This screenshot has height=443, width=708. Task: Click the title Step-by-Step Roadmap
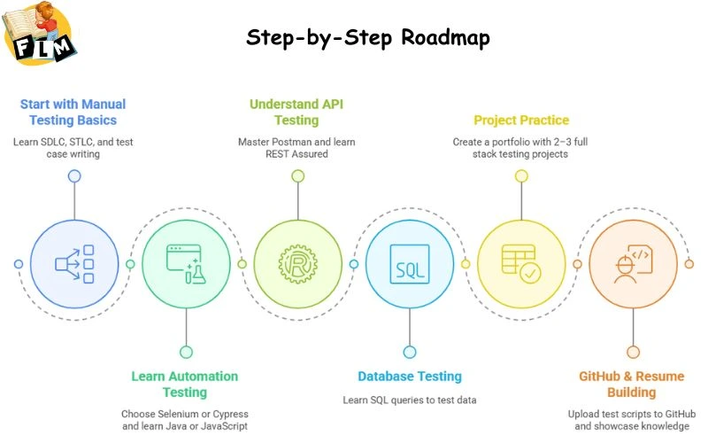(x=367, y=38)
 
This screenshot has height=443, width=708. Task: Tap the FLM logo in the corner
(x=41, y=34)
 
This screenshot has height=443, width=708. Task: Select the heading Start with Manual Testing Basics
(x=73, y=113)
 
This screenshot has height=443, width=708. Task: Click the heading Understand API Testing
(x=296, y=113)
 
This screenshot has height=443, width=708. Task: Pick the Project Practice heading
(x=521, y=120)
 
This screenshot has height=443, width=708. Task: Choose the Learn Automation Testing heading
(x=185, y=384)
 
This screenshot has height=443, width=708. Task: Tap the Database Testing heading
(x=410, y=377)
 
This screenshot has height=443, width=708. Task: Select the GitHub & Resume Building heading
(x=632, y=384)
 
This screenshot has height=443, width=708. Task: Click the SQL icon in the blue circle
(x=410, y=264)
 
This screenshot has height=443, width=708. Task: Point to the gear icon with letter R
(x=297, y=264)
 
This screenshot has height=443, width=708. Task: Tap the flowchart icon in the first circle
(x=74, y=264)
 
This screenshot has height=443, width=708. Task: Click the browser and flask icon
(x=186, y=264)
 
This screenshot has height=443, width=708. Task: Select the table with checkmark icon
(x=521, y=264)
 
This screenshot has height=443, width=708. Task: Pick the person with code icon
(x=633, y=264)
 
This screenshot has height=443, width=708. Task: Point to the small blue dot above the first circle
(x=74, y=175)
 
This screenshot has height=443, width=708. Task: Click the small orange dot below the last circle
(x=633, y=352)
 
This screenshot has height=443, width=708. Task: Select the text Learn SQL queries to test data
(x=410, y=400)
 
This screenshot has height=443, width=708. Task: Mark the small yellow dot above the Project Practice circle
(x=521, y=175)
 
